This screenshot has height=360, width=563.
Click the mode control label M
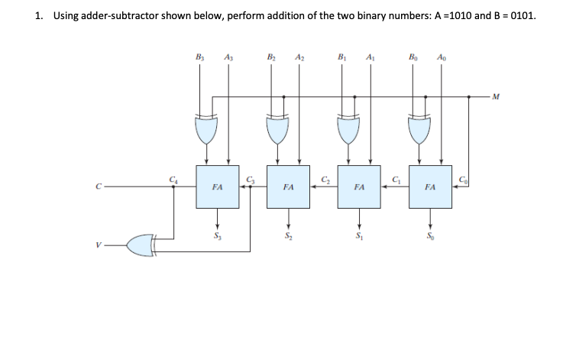point(497,96)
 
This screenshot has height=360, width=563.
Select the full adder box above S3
point(217,186)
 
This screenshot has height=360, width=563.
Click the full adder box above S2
point(288,186)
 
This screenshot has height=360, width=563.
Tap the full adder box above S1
point(358,186)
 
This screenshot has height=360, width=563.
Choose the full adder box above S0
point(429,186)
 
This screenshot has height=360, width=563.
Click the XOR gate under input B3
point(203,131)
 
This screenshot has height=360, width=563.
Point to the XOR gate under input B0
point(417,131)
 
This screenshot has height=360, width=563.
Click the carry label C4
point(175,180)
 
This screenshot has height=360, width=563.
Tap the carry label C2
point(323,180)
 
